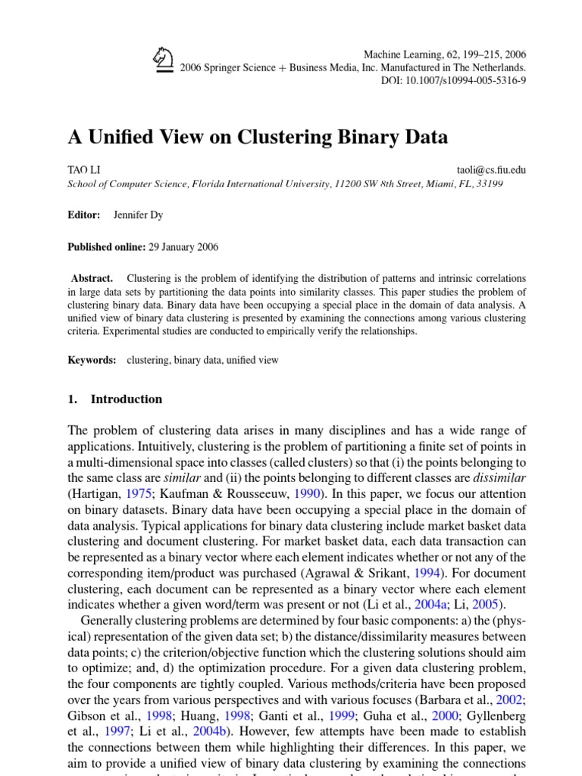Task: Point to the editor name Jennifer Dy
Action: click(138, 215)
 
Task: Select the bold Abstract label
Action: click(92, 278)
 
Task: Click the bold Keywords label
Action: click(92, 360)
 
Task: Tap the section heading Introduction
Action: click(126, 399)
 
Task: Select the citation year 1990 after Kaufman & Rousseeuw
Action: click(310, 493)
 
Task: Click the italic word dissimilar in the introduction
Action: click(499, 477)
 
